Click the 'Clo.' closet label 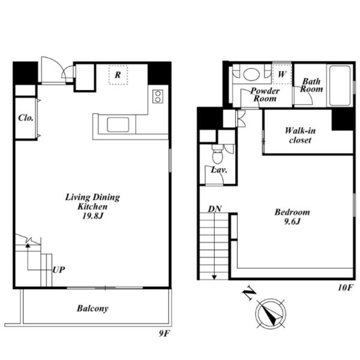[x=26, y=118]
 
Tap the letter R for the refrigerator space [x=118, y=75]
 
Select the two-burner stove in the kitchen [x=158, y=97]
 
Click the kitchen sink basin [x=118, y=125]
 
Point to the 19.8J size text [x=92, y=216]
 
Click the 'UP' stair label [x=59, y=270]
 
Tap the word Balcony [x=92, y=308]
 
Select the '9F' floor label [x=164, y=333]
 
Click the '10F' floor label [x=345, y=287]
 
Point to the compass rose [x=271, y=314]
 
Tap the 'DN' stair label [x=215, y=209]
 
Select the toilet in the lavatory [x=217, y=154]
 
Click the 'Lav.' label [x=219, y=170]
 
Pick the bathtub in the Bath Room [x=340, y=85]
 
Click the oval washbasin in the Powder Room [x=251, y=74]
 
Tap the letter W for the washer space [x=282, y=74]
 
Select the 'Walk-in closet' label [x=300, y=135]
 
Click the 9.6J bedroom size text [x=292, y=221]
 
